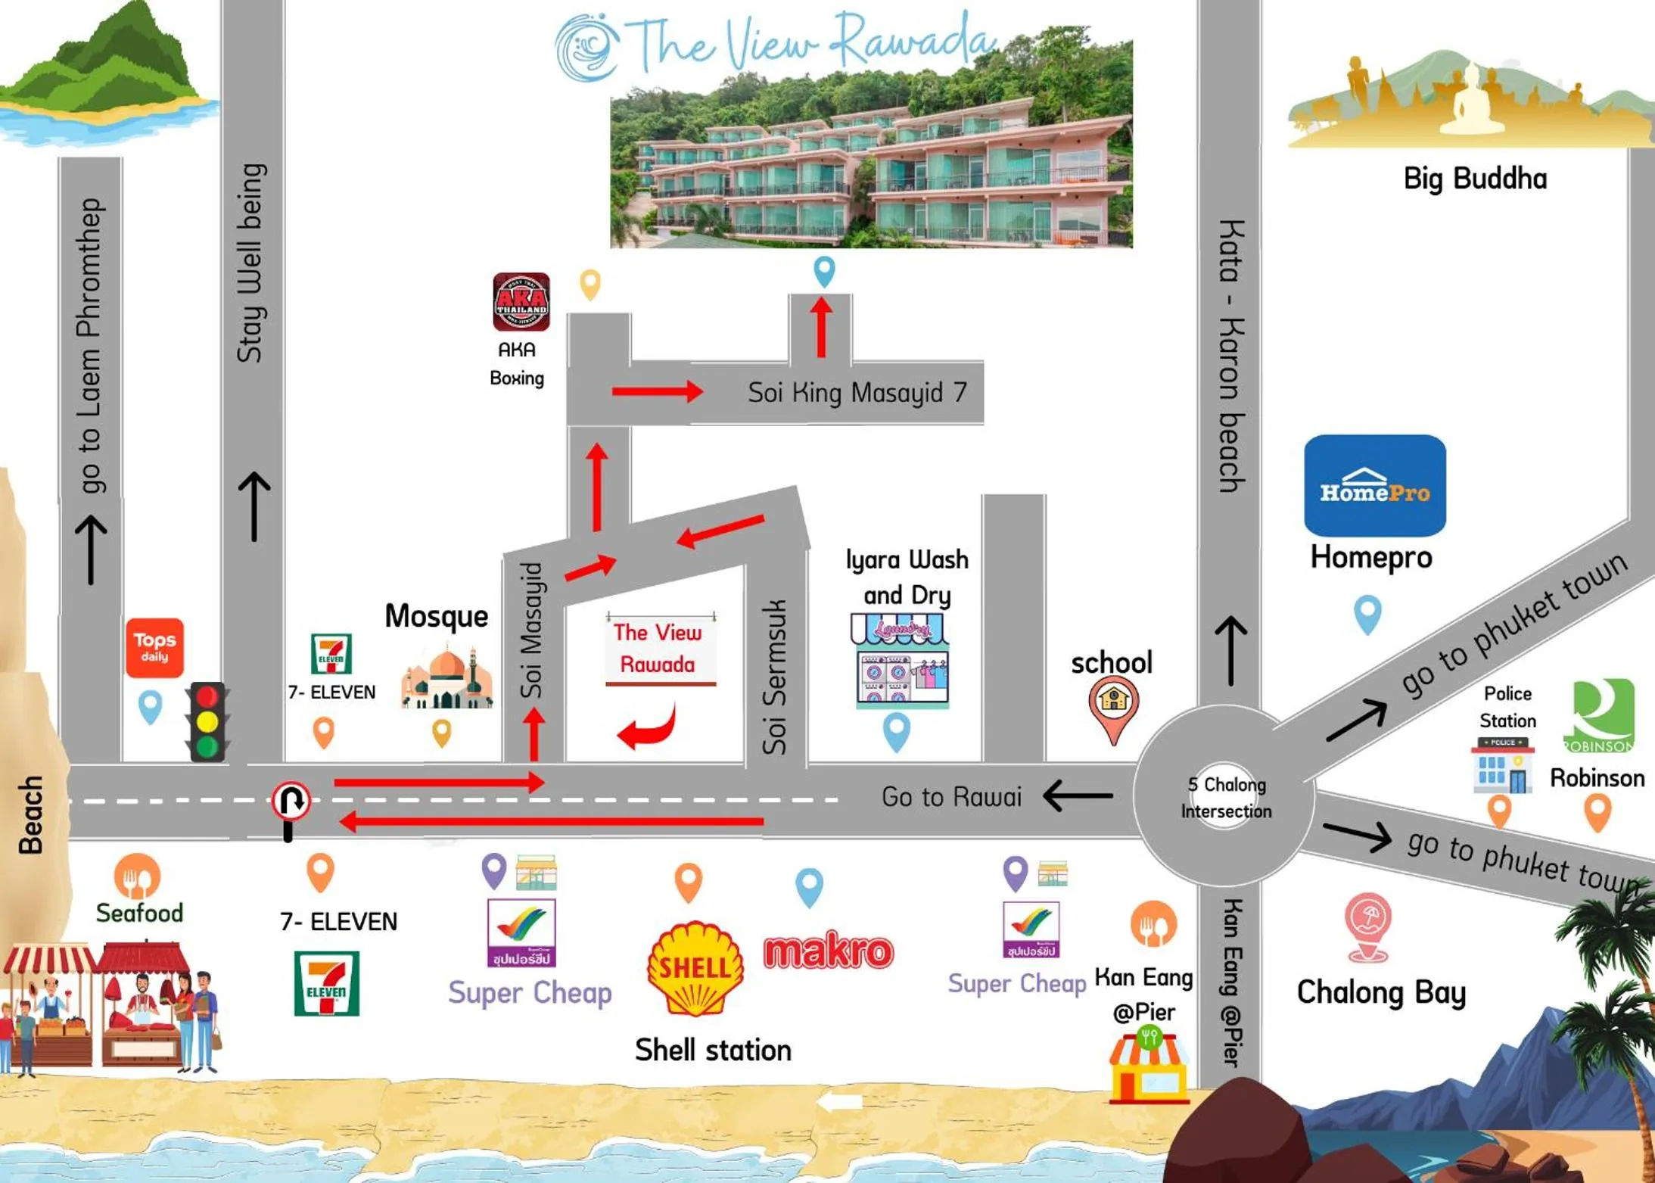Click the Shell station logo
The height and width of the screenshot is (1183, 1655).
coord(695,968)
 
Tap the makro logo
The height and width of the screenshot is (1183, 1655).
coord(829,951)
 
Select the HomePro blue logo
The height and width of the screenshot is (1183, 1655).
coord(1374,486)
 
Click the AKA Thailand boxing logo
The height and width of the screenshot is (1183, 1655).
coord(521,302)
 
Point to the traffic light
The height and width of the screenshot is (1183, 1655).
coord(207,721)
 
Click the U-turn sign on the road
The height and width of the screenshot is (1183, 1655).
coord(291,801)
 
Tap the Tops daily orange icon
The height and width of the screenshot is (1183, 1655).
coord(154,647)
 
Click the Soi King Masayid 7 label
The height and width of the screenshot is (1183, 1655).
coord(857,392)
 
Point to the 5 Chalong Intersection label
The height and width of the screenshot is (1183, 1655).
coord(1226,798)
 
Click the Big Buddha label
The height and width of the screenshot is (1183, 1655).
coord(1474,179)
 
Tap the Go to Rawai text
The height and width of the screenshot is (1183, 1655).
coord(950,796)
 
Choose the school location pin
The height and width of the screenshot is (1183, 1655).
coord(1113,708)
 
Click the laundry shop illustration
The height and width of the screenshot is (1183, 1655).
coord(900,662)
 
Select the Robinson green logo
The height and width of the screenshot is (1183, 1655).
coord(1602,715)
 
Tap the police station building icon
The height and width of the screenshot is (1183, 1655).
coord(1502,765)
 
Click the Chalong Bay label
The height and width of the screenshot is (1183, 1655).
coord(1381,992)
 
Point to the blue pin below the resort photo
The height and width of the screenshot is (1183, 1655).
coord(824,270)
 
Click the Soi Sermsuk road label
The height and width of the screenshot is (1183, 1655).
coord(774,677)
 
